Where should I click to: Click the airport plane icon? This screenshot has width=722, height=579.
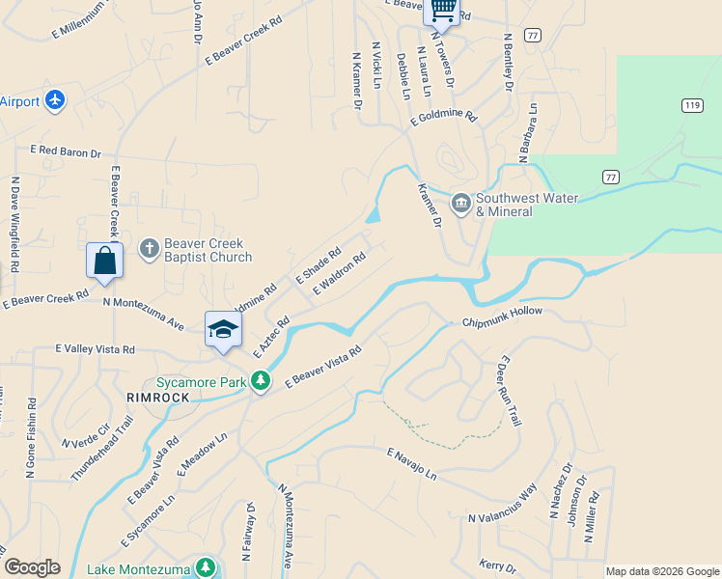pos(55,100)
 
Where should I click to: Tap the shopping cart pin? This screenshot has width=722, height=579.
pos(442,10)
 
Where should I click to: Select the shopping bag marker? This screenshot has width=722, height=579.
pos(104,261)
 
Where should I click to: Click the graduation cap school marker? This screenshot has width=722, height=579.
pos(223,329)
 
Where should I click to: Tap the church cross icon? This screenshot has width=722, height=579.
pos(149,249)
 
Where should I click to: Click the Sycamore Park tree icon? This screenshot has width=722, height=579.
pos(260,383)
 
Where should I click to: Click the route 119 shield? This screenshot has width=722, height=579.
pos(691,105)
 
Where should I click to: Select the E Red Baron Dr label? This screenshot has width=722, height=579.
pos(66,152)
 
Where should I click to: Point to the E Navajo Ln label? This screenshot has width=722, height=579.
pos(412,465)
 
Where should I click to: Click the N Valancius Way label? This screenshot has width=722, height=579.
pos(502,507)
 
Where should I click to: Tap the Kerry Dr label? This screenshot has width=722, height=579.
pos(498,565)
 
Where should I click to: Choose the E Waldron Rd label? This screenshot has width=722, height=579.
pos(339,273)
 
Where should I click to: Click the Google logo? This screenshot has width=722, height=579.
pos(32,567)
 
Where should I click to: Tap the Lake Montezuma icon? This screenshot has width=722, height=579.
pos(205,567)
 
